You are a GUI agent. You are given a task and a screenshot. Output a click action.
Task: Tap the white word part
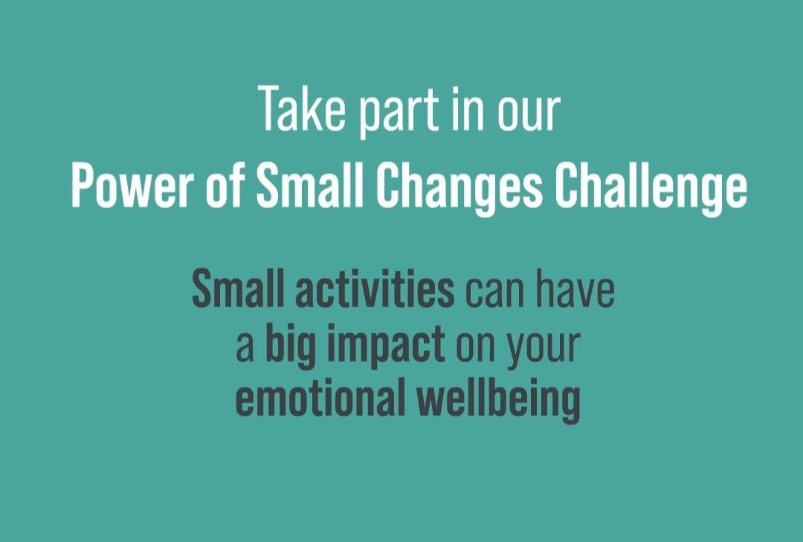pos(399,112)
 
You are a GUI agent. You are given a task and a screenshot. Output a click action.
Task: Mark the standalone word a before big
pos(245,348)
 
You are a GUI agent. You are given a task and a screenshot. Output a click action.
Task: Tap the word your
pos(544,352)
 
